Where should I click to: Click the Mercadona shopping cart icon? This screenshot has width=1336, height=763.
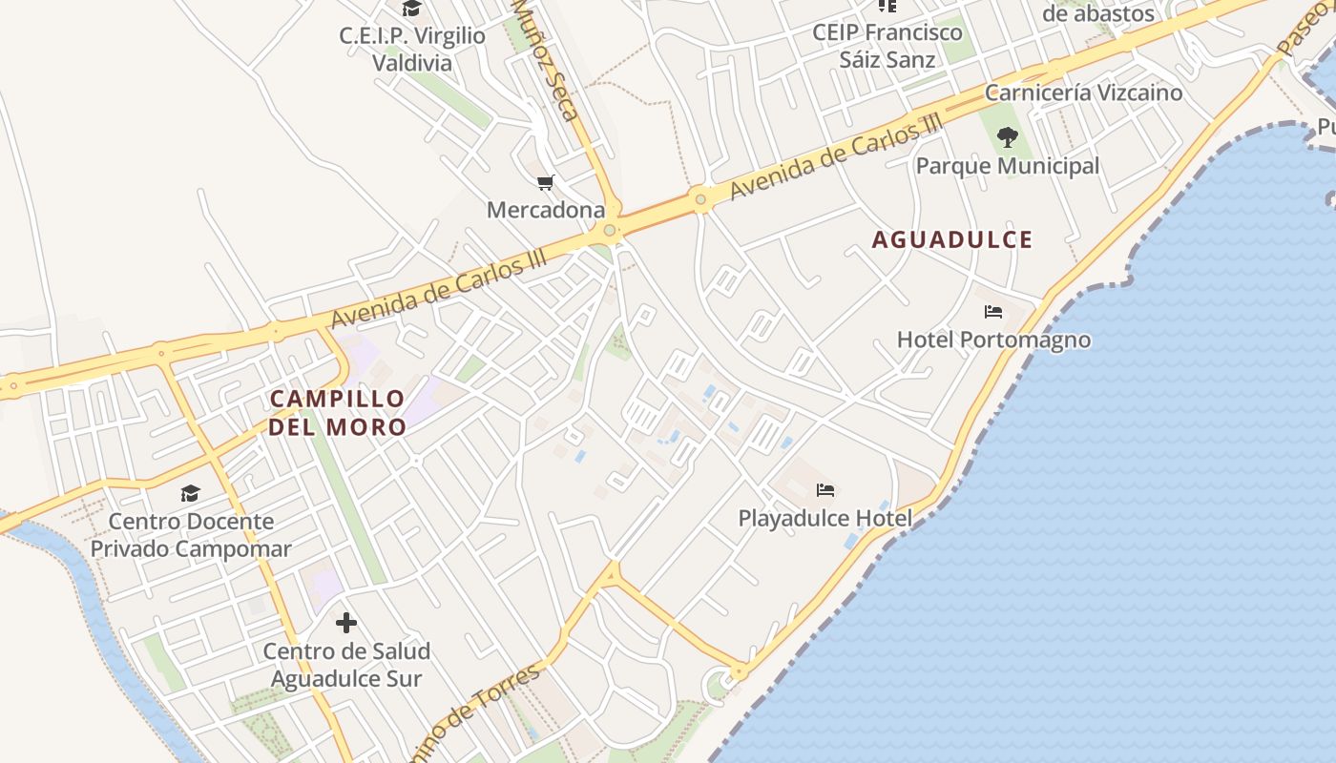(545, 182)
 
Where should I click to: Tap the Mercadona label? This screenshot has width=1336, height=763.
(546, 210)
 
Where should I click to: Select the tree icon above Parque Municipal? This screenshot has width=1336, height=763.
(1007, 138)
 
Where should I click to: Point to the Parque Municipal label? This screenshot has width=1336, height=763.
(1008, 166)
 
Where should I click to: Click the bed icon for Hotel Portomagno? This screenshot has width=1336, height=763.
(993, 312)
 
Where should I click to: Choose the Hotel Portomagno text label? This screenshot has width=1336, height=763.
(993, 340)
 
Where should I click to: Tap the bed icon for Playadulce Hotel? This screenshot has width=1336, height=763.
(825, 490)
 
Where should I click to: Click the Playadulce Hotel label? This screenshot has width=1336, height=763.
(825, 519)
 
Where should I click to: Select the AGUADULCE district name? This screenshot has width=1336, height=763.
(952, 239)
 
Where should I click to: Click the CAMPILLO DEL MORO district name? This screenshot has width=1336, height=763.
(338, 412)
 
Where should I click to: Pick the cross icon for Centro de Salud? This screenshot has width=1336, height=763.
(346, 624)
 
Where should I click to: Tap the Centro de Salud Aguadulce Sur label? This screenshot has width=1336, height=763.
(346, 665)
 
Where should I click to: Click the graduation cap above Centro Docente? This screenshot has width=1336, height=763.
(190, 493)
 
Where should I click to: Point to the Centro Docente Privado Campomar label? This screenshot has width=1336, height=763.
(191, 535)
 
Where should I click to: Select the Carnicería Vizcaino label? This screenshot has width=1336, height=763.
(1083, 93)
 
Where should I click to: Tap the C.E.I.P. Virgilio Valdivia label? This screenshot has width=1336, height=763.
(412, 50)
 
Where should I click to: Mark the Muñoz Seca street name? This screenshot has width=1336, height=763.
(547, 59)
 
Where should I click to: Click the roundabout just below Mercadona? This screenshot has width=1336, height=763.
(610, 230)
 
